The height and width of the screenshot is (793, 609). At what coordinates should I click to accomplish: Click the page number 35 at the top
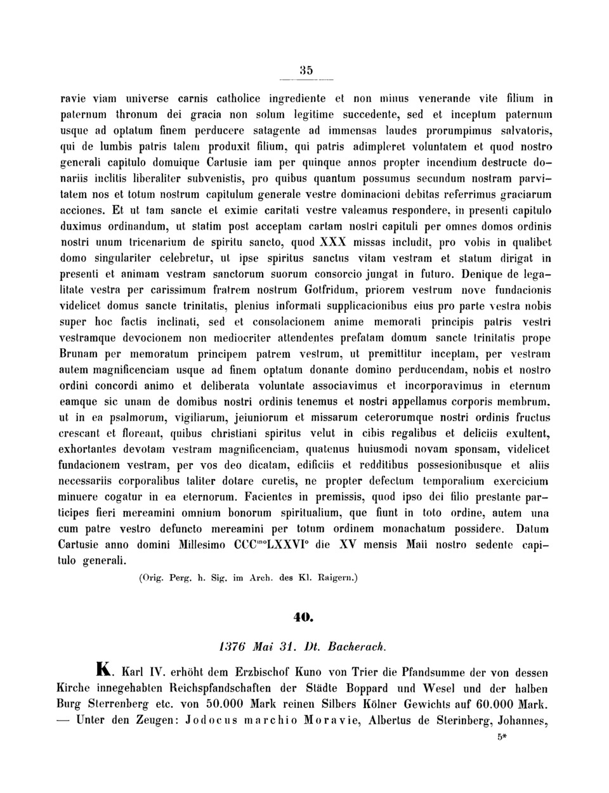point(306,70)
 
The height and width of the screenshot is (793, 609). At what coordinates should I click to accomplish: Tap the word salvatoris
point(525,131)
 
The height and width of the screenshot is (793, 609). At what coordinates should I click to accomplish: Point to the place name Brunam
point(80,353)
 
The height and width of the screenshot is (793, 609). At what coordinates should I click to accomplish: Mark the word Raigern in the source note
point(337,579)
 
